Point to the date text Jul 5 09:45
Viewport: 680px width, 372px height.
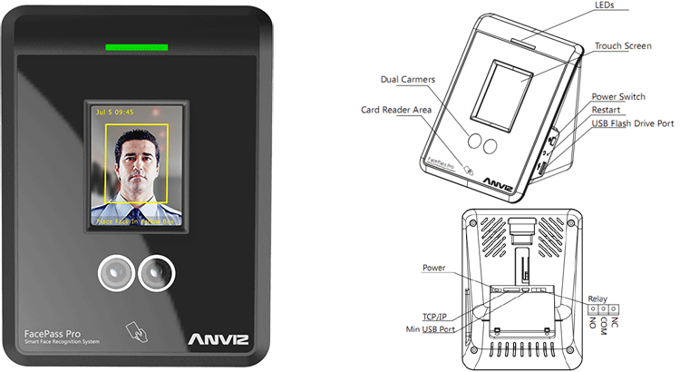(113, 113)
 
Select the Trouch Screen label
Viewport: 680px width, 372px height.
(623, 45)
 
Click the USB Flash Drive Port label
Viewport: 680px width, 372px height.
(633, 123)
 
